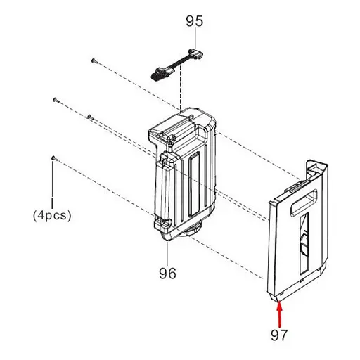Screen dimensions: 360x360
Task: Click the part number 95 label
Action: (195, 22)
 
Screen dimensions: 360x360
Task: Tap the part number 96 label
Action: (167, 272)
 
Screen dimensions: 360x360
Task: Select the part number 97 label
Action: (279, 335)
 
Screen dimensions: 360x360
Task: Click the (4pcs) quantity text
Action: (52, 216)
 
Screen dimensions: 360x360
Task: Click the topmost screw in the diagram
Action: (93, 61)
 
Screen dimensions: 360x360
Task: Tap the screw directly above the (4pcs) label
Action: (53, 158)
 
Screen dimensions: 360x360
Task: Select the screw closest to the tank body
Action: (89, 117)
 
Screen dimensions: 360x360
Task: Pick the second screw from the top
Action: (55, 101)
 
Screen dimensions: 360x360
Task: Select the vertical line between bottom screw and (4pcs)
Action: (53, 184)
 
